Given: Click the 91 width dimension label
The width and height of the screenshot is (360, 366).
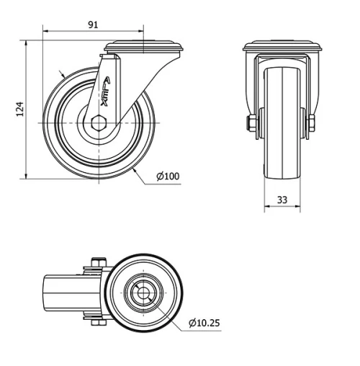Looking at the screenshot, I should tap(93, 24).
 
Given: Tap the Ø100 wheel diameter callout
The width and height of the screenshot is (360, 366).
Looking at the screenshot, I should tap(168, 176).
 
